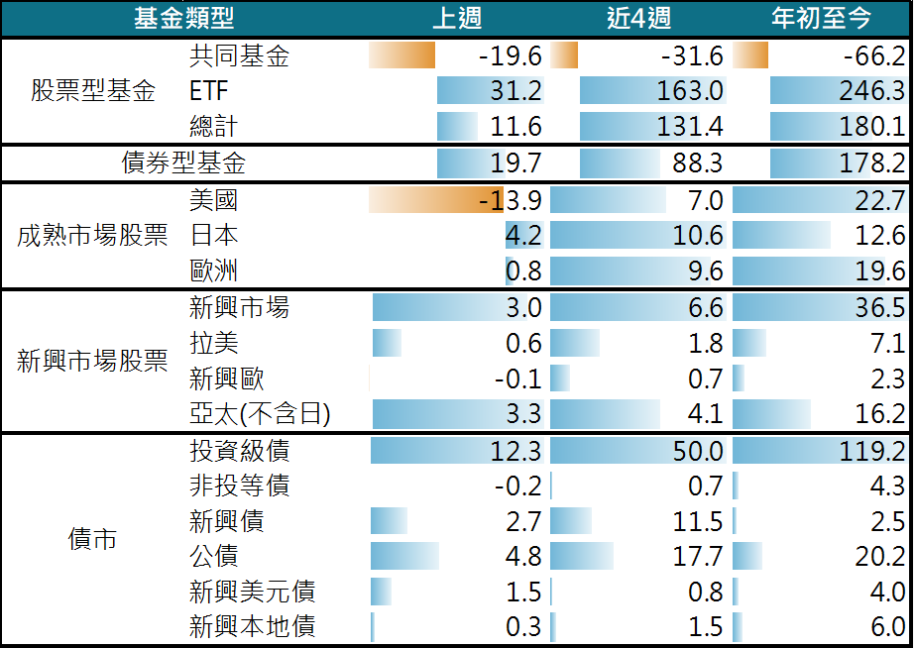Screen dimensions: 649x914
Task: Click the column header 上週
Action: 457,18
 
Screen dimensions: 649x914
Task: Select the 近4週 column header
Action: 637,18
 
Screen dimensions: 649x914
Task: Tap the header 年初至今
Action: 821,18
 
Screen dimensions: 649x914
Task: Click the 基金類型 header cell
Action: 184,18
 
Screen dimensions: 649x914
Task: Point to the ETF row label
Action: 208,92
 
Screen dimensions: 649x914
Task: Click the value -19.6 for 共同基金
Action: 510,56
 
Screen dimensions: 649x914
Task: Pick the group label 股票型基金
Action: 93,92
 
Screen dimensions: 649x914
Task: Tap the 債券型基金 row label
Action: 183,163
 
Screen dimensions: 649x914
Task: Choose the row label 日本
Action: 213,236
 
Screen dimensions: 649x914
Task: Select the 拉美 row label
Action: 213,343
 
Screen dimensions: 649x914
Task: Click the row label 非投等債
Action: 239,487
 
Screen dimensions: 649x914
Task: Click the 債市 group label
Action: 93,539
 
